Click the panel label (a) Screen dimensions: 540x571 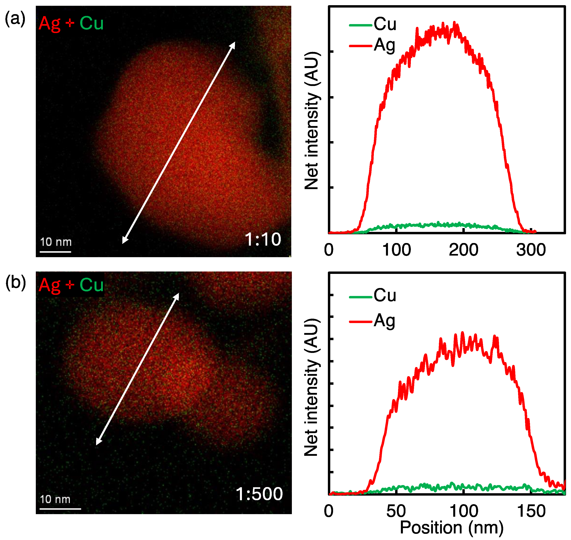click(15, 19)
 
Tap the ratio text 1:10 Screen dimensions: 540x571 click(262, 239)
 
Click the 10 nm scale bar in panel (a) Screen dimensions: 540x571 click(56, 252)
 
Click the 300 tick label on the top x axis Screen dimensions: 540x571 click(531, 250)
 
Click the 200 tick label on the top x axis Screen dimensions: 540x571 click(463, 250)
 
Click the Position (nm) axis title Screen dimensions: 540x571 click(452, 528)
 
